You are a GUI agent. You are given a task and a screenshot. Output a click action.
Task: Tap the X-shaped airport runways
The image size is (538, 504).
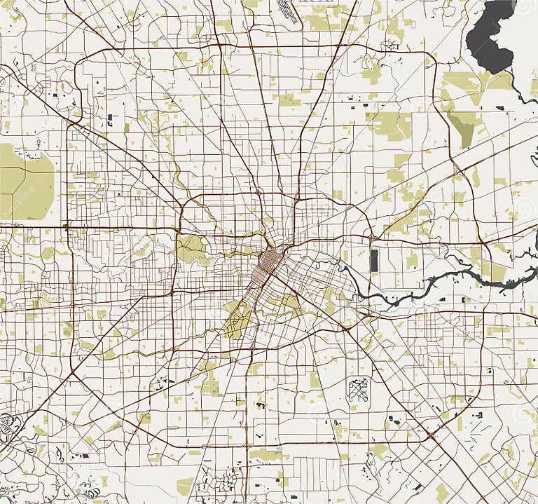358,389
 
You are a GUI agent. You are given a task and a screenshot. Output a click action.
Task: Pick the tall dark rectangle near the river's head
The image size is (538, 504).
374,261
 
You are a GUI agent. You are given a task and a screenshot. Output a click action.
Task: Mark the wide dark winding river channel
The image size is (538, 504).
448,280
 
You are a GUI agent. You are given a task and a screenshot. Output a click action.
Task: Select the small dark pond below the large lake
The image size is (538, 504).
499,108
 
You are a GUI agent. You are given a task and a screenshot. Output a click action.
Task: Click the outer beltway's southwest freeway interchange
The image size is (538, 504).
72,373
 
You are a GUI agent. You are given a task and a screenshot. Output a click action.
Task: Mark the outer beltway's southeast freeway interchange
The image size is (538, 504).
432,436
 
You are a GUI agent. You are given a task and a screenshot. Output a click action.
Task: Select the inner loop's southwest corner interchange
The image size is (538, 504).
174,291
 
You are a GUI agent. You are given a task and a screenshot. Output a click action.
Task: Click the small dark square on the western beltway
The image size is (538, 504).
67,227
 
